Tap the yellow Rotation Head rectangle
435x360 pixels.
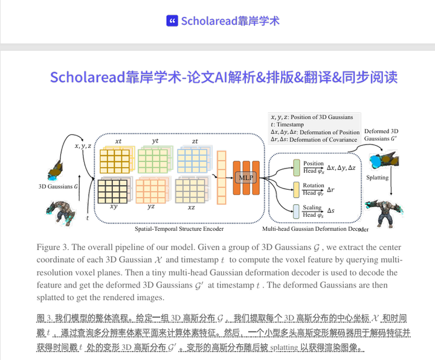296,188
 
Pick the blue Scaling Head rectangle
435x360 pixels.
296,211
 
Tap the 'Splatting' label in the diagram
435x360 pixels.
378,178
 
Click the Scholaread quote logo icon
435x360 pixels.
172,21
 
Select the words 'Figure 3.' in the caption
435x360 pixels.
54,248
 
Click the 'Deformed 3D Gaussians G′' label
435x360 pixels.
381,135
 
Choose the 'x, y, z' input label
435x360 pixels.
83,146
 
